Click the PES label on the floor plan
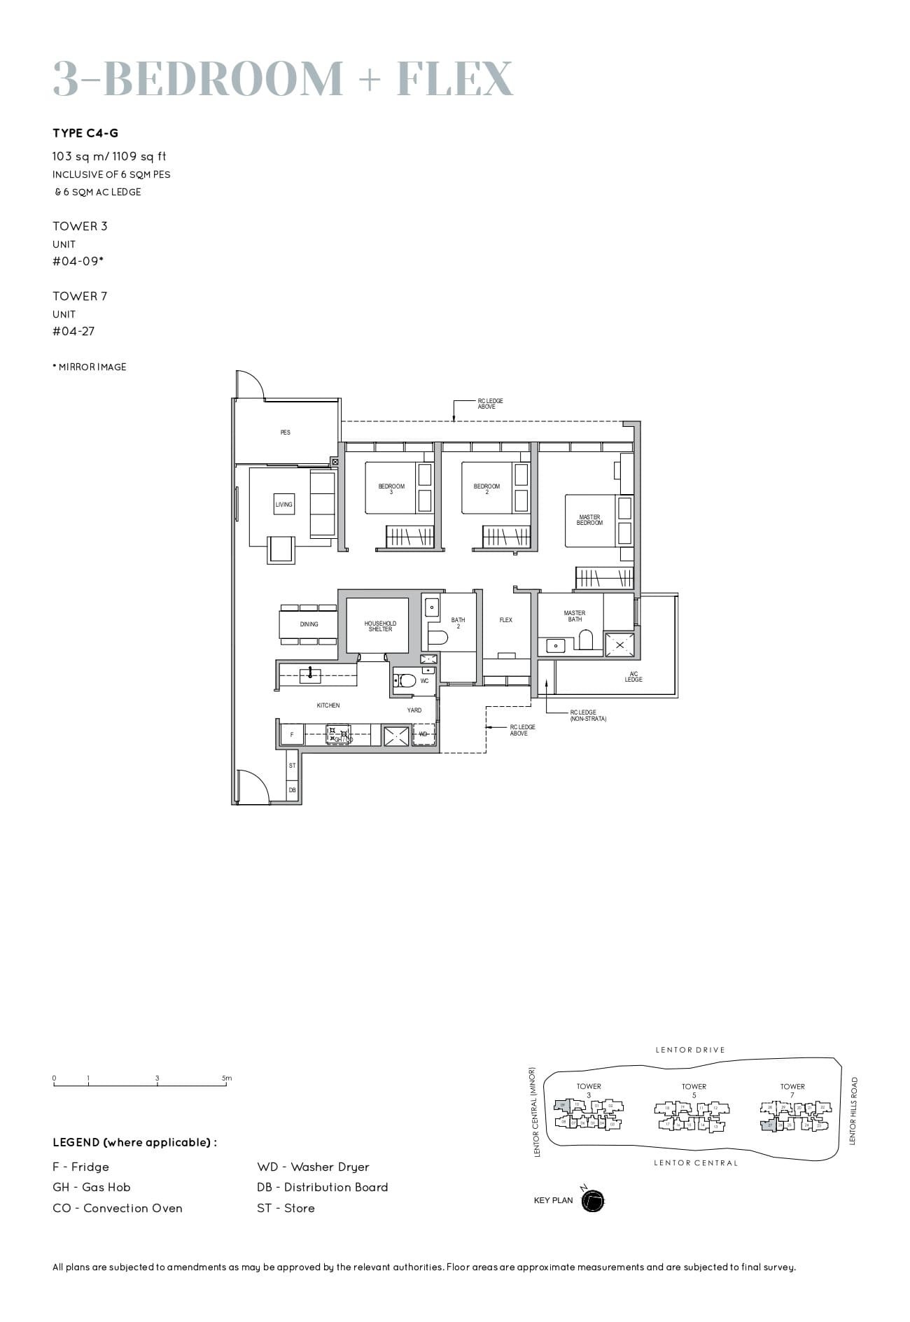pyautogui.click(x=285, y=433)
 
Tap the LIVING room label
pyautogui.click(x=283, y=505)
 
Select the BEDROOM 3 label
pyautogui.click(x=391, y=488)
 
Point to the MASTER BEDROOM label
pyautogui.click(x=589, y=520)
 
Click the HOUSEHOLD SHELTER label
pyautogui.click(x=380, y=626)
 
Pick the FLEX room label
pyautogui.click(x=505, y=620)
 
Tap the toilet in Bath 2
pyautogui.click(x=437, y=638)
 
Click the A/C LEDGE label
pyautogui.click(x=633, y=677)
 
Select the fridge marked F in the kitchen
pyautogui.click(x=292, y=735)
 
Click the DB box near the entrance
pyautogui.click(x=292, y=790)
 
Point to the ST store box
pyautogui.click(x=292, y=766)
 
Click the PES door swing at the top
pyautogui.click(x=248, y=384)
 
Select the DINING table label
pyautogui.click(x=309, y=624)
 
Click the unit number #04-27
pyautogui.click(x=73, y=331)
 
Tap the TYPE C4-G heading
pyautogui.click(x=85, y=133)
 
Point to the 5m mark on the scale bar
pyautogui.click(x=227, y=1078)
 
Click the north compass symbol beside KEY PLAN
pyautogui.click(x=592, y=1201)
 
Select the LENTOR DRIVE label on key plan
pyautogui.click(x=689, y=1050)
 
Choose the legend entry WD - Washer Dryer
pyautogui.click(x=313, y=1167)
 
